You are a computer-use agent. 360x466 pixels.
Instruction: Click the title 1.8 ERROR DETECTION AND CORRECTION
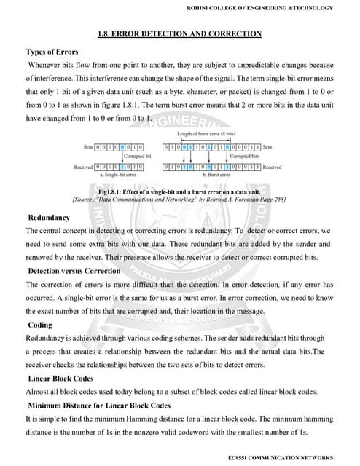click(x=179, y=33)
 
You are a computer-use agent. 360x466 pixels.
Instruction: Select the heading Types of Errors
click(x=55, y=52)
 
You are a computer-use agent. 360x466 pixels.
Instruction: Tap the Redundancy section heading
click(x=49, y=218)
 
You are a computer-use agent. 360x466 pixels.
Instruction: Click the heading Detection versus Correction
click(x=74, y=271)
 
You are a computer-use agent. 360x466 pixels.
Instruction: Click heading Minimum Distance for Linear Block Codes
click(x=99, y=405)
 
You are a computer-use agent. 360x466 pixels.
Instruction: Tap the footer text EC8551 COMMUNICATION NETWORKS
click(x=280, y=457)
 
